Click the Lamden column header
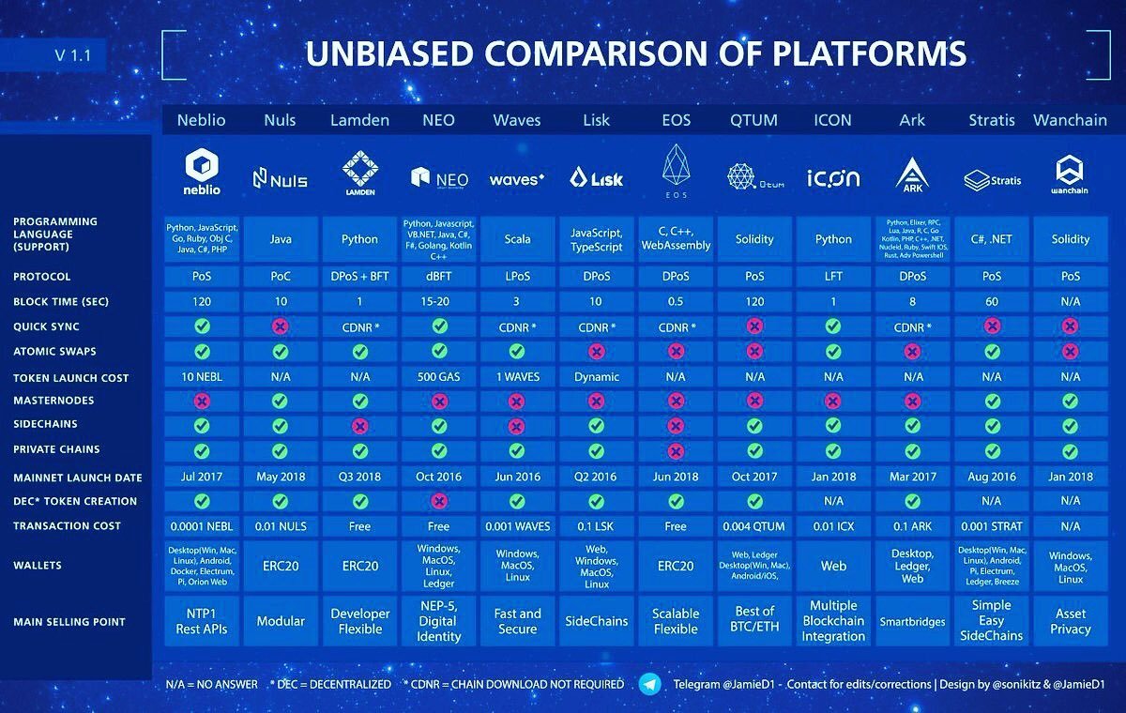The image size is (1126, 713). [359, 120]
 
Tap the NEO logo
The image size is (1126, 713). [438, 177]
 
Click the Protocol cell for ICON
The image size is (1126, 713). [833, 277]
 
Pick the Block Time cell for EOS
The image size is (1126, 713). [676, 302]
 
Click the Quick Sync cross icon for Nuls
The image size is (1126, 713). [281, 326]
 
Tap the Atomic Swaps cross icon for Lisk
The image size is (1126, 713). [597, 351]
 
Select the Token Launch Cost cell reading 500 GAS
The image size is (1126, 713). [438, 377]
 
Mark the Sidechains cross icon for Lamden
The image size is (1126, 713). [359, 425]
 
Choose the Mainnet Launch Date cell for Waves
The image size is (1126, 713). [517, 477]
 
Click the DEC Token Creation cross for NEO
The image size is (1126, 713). [438, 501]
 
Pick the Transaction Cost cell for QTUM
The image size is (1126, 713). [754, 525]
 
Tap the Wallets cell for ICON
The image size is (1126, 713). [833, 566]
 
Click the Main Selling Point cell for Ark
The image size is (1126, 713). [912, 621]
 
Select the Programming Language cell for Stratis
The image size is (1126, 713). [992, 239]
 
